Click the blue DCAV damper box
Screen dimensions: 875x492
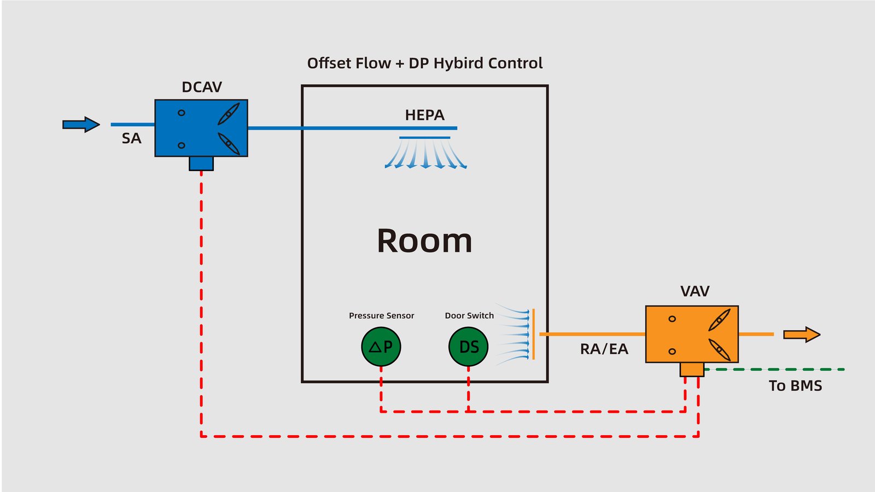[201, 128]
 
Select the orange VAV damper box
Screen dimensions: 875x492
[692, 334]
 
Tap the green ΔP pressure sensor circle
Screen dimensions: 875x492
[381, 347]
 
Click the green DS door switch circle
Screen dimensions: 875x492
[468, 347]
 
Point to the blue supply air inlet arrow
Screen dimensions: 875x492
[81, 125]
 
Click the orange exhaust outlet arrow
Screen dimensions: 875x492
[802, 335]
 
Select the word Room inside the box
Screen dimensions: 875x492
[424, 241]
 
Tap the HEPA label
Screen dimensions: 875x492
[424, 115]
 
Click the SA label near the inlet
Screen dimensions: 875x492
[131, 139]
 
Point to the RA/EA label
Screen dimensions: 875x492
[604, 349]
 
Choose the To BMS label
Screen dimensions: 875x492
[795, 386]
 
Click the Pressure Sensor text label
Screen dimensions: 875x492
[381, 315]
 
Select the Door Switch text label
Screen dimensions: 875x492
[469, 315]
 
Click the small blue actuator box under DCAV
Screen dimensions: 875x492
[201, 163]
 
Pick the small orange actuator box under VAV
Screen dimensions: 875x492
[692, 370]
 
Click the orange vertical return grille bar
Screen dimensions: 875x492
[534, 334]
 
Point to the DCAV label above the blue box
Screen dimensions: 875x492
[202, 87]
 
